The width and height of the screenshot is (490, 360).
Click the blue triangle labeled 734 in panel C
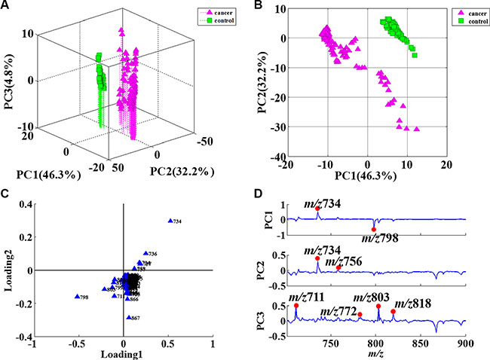(x=170, y=220)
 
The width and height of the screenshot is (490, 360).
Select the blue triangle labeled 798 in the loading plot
(x=77, y=297)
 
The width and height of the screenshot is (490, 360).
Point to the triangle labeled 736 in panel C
(x=145, y=254)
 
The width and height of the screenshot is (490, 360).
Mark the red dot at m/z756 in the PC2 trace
(x=339, y=267)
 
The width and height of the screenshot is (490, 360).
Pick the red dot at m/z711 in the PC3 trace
(x=296, y=305)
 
